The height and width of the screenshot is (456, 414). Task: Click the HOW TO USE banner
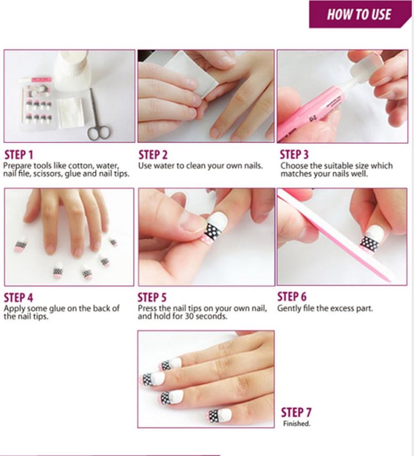tap(360, 14)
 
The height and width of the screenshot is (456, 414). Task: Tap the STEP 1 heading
tap(19, 155)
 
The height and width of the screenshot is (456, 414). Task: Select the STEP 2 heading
tap(153, 155)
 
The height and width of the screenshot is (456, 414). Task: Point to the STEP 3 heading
tap(294, 155)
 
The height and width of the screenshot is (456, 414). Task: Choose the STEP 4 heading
tap(18, 298)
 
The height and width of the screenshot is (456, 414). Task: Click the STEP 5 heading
tap(152, 297)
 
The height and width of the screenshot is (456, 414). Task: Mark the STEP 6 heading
tap(292, 297)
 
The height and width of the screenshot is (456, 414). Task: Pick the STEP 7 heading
tap(296, 413)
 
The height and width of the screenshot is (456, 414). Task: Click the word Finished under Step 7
tap(297, 423)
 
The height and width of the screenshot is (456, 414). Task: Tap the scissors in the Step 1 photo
tap(97, 116)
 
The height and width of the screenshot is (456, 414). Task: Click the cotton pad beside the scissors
tap(71, 113)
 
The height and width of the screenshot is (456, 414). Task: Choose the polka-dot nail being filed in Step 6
tap(371, 239)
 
